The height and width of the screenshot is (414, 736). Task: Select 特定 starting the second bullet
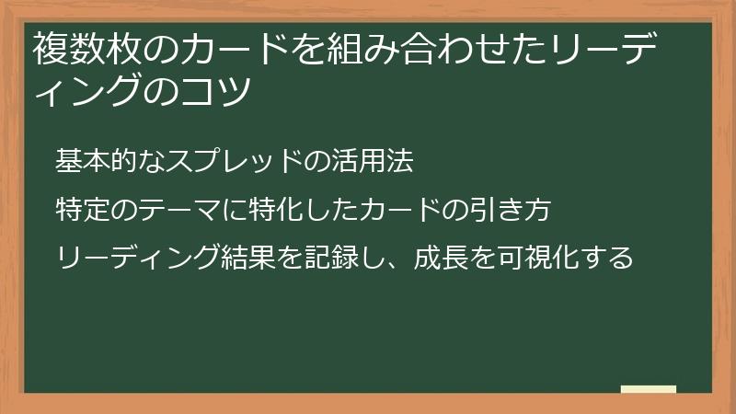pos(83,210)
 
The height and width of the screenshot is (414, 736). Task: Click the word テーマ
pos(168,210)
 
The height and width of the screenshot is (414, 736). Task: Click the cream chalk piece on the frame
pos(649,389)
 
